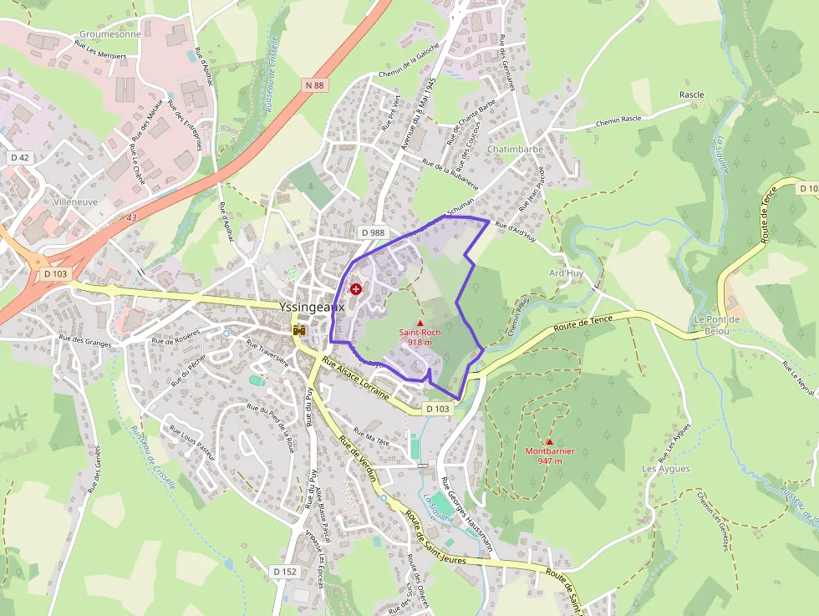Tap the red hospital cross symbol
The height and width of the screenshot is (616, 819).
[x=357, y=289]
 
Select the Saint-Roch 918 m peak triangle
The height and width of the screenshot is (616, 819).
[x=420, y=323]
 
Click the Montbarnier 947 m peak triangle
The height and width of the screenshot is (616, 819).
[x=549, y=442]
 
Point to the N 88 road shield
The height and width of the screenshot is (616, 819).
[x=314, y=85]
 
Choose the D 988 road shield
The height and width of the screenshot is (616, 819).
[x=374, y=232]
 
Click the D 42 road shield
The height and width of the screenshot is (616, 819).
[x=20, y=157]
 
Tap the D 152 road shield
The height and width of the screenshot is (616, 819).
[x=285, y=571]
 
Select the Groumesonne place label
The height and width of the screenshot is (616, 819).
[x=109, y=35]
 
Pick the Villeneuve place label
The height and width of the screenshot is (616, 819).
[x=74, y=201]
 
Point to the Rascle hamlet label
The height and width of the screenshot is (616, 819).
[x=691, y=95]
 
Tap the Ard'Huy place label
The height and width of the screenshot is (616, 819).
[x=566, y=273]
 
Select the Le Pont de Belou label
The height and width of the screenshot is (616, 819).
[x=717, y=325]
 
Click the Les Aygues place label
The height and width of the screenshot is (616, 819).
[x=666, y=469]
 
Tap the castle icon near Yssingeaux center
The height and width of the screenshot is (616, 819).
[x=298, y=332]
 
